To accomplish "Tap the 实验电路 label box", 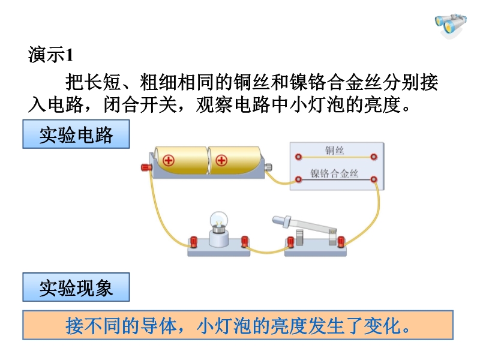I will [x=76, y=134].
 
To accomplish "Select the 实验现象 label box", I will [x=76, y=287].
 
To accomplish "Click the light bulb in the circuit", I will [x=218, y=224].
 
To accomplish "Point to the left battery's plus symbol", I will [x=169, y=160].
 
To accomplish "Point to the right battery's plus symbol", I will [x=221, y=160].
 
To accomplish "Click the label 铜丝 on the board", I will [x=334, y=149].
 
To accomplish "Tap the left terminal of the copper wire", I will [x=298, y=156].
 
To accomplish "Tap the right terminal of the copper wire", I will [x=373, y=156].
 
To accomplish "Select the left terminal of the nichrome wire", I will [x=298, y=178].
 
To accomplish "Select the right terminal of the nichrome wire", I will [x=373, y=178].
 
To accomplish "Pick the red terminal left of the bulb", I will [x=193, y=242].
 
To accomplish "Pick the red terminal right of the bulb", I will [x=244, y=242].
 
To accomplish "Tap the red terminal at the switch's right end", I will [x=341, y=242].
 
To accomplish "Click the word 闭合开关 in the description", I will [x=140, y=104].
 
